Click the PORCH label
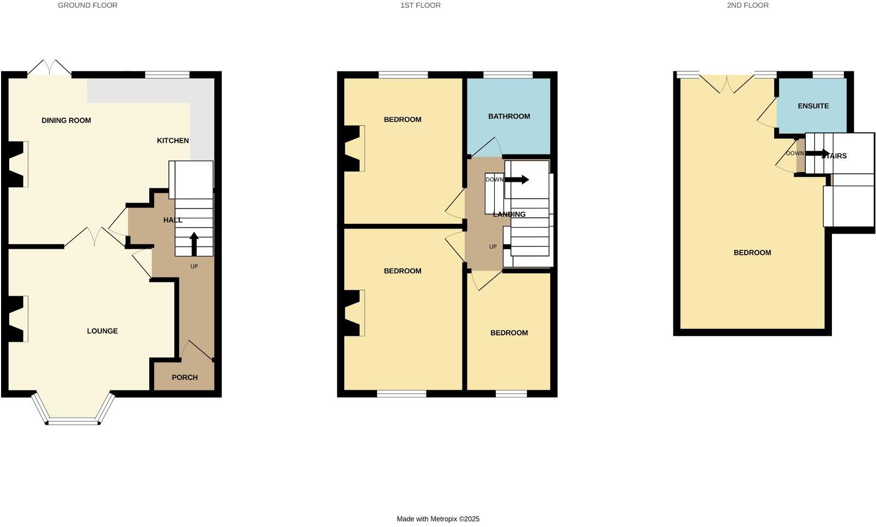point(184,377)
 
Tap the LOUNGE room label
point(102,331)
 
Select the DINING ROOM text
point(66,120)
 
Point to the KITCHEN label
point(173,140)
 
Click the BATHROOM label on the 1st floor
point(509,116)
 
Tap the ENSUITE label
point(813,106)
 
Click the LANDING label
point(509,215)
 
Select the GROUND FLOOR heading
point(88,5)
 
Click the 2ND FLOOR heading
point(747,5)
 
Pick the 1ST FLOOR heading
point(420,5)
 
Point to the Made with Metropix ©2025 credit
point(438,519)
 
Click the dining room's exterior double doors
point(50,68)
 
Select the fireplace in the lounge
point(17,318)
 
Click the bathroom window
point(508,75)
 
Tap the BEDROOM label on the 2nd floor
point(752,253)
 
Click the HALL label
point(173,220)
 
